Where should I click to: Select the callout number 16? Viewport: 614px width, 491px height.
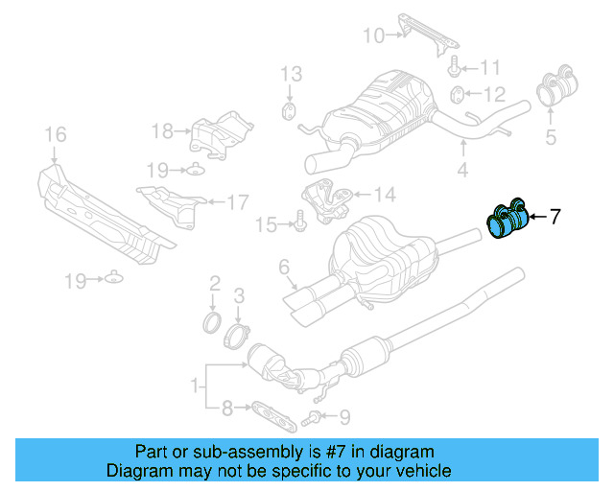point(54,133)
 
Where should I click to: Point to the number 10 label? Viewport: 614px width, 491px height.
point(372,36)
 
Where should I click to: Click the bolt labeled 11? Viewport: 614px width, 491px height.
point(455,68)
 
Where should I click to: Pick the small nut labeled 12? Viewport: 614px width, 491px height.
point(458,94)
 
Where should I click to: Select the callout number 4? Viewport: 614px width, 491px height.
point(462,173)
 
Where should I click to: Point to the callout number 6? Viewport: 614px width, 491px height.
point(284,266)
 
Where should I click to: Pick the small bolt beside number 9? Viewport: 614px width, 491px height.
point(313,418)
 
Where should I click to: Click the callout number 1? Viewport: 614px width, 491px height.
point(195,386)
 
